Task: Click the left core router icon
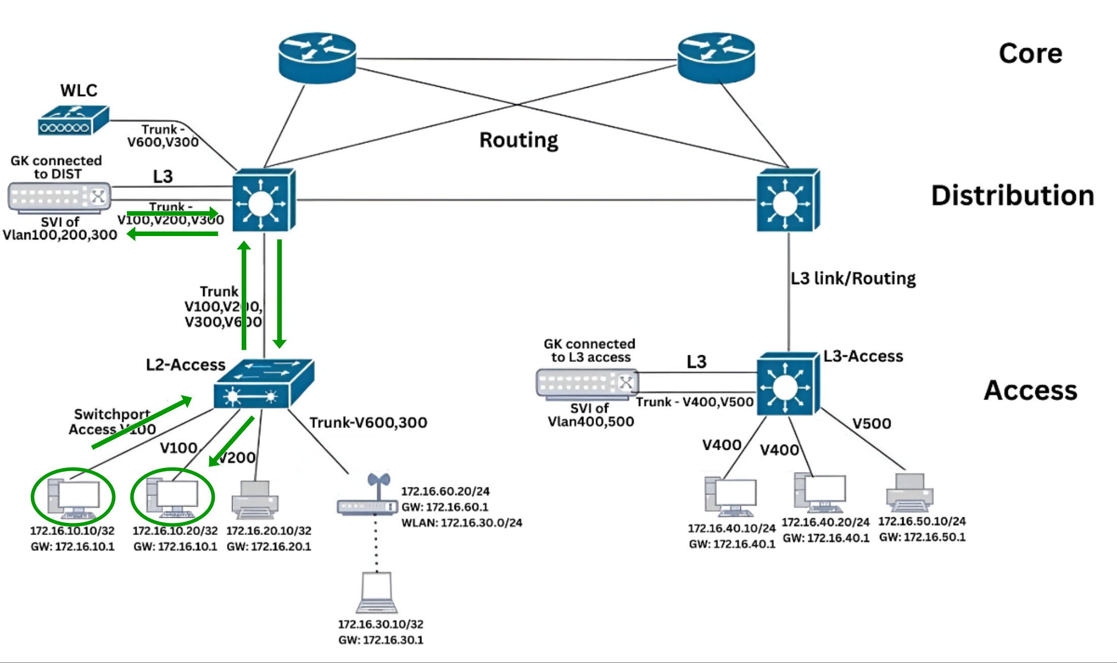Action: pos(317,57)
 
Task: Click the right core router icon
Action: pos(716,57)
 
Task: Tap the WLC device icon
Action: pos(73,120)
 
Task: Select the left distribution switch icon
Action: pos(264,201)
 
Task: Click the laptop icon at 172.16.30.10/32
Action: pos(377,593)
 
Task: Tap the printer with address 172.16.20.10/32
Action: pos(255,500)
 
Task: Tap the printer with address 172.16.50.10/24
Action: pos(909,492)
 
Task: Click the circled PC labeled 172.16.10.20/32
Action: pos(173,497)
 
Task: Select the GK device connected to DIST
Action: pos(59,197)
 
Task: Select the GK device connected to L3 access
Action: pos(587,384)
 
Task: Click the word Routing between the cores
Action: pos(518,140)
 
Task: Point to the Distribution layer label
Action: pos(1012,196)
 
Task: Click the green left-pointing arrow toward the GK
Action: pos(173,234)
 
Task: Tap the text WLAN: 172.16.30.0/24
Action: pos(462,523)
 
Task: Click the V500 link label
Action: pos(871,423)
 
